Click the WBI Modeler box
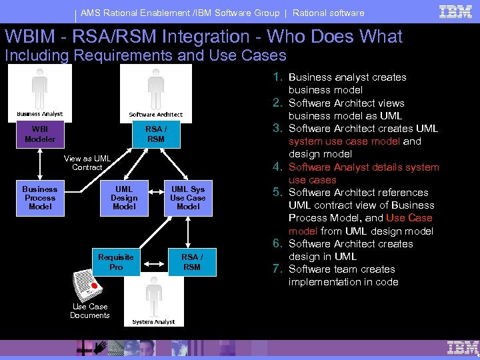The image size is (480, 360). coord(40,133)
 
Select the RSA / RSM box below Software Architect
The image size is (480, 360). coord(155,134)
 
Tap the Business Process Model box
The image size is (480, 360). coord(40,198)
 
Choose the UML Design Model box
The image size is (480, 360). coord(124,198)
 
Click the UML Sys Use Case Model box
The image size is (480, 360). coord(188,198)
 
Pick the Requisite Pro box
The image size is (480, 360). coord(116,262)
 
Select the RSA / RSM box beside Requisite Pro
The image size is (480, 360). coord(191,262)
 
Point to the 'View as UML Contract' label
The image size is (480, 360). coord(87,163)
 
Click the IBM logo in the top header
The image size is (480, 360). coord(456,11)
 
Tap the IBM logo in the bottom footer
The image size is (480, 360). coord(463,347)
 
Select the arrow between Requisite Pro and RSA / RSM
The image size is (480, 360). coord(153,262)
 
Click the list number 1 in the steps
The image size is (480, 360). coord(279,77)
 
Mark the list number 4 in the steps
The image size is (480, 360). coord(279,167)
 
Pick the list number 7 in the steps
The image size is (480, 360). coord(279,269)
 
